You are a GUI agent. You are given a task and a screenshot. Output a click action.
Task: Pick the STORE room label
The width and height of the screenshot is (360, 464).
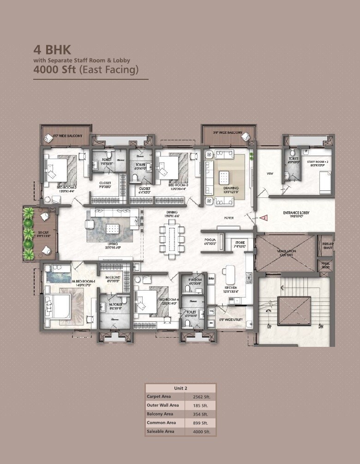tap(240, 241)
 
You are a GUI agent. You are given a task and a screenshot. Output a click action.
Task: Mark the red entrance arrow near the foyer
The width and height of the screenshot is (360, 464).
tap(264, 217)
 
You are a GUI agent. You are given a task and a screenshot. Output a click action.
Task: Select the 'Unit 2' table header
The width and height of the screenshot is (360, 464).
tap(180, 388)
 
